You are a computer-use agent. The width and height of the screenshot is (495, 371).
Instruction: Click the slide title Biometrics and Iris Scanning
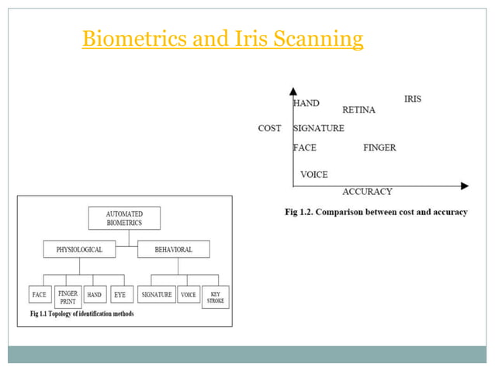[223, 38]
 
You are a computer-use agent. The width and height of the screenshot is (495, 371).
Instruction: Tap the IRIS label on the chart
[413, 99]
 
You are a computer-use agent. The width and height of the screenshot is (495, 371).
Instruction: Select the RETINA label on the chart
[358, 110]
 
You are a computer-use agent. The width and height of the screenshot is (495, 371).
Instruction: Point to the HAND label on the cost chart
[306, 103]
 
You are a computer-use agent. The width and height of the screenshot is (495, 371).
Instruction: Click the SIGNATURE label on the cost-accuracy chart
[319, 129]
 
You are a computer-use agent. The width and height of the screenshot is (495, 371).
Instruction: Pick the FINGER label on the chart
[379, 147]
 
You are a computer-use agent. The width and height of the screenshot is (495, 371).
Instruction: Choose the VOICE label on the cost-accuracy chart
[314, 175]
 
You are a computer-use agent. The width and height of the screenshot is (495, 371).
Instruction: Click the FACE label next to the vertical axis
[305, 147]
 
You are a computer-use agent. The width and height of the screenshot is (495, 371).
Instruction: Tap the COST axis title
[269, 129]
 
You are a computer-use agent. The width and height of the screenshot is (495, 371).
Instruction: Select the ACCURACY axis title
[367, 192]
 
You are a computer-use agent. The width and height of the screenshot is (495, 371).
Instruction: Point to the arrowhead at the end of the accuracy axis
[464, 185]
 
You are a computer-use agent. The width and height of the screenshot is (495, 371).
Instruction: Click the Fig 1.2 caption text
[376, 212]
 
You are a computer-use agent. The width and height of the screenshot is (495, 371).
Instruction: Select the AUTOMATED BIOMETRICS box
[124, 218]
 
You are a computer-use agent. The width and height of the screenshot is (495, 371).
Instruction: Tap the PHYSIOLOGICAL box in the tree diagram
[79, 249]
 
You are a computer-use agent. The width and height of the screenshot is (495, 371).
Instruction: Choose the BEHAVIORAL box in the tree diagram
[173, 249]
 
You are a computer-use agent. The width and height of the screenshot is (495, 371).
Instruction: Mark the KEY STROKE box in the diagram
[215, 297]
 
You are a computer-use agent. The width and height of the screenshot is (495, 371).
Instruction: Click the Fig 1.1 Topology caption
[81, 314]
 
